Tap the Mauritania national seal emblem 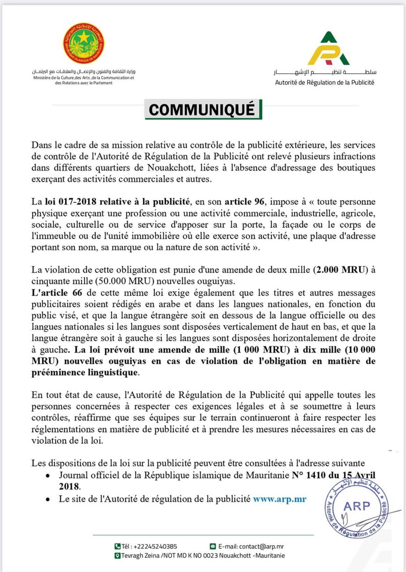[83, 43]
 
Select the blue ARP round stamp [356, 509]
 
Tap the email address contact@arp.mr [261, 546]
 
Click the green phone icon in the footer [118, 546]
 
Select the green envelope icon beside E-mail [213, 546]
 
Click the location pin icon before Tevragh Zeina [118, 555]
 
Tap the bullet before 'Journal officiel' [47, 476]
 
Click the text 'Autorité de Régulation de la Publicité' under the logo [325, 82]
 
